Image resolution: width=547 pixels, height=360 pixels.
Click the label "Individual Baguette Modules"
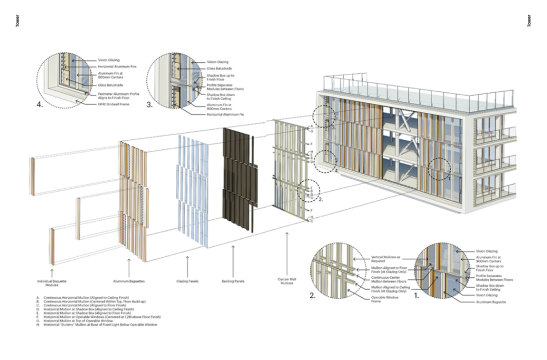[x=52, y=283]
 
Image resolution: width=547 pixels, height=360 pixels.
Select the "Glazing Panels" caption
[x=188, y=279]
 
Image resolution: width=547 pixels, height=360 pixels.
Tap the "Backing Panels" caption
[x=232, y=279]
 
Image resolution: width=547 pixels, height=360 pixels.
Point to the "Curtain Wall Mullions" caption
[x=287, y=281]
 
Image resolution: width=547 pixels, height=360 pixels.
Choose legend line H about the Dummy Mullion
[x=100, y=325]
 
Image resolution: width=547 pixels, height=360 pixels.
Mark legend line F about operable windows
[x=102, y=317]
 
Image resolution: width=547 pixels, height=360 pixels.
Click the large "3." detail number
[x=149, y=105]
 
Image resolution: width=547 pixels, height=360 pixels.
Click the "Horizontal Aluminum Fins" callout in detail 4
[x=117, y=66]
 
